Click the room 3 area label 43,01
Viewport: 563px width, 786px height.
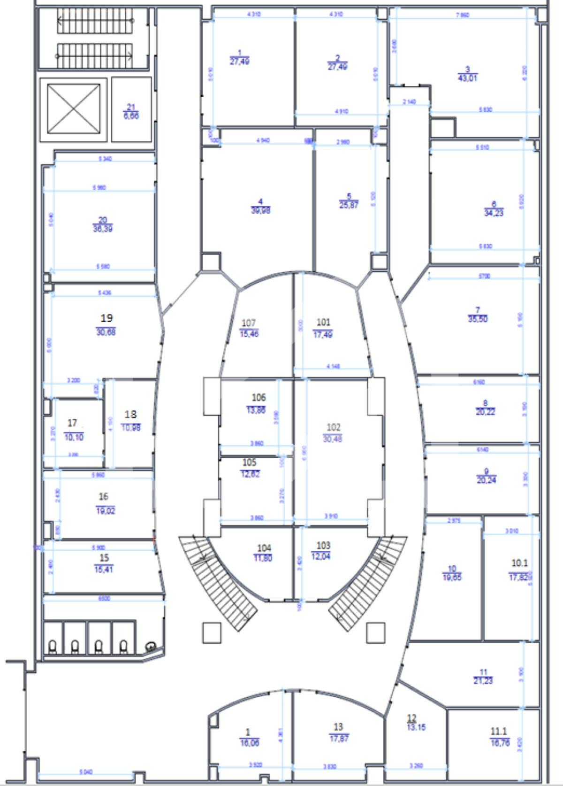point(467,78)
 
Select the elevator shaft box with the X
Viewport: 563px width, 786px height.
point(74,109)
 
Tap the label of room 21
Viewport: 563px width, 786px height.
point(131,112)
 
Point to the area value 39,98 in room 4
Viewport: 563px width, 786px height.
point(261,210)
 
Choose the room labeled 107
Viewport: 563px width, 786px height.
point(249,328)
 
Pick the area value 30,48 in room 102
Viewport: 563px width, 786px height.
point(333,439)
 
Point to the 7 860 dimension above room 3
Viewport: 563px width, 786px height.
point(462,15)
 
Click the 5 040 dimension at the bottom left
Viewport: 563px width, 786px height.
point(86,771)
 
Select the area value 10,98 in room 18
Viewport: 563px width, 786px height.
point(130,428)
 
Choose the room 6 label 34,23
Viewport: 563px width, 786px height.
point(494,213)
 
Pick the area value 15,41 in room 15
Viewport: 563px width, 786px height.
point(104,569)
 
